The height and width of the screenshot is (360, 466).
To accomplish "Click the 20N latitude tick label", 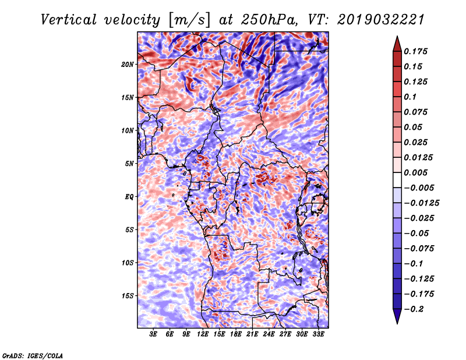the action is [128, 65].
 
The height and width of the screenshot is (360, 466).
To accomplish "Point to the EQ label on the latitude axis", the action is [129, 197].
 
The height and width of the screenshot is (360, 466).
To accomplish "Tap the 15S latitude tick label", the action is [128, 296].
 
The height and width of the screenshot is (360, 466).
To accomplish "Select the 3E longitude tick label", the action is [153, 334].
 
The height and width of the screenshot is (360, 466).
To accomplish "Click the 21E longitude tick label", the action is [252, 334].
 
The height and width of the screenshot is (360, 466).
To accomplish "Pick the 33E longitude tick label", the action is [318, 334].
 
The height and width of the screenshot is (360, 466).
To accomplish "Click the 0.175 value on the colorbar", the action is [415, 51].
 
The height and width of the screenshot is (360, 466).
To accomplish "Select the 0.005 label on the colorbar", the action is [415, 172].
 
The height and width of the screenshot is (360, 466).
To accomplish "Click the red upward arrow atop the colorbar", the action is [397, 44].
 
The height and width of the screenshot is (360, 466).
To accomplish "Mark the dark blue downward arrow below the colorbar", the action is [397, 316].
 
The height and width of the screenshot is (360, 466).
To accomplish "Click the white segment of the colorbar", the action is [397, 180].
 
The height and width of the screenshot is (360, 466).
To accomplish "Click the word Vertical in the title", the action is [69, 20].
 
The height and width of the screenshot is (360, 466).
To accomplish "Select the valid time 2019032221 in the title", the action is [381, 20].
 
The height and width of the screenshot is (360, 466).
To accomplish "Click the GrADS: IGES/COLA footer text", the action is [33, 355].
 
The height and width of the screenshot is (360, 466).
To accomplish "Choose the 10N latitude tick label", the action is [128, 131].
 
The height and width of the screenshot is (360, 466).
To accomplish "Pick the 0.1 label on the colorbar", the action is [410, 97].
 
